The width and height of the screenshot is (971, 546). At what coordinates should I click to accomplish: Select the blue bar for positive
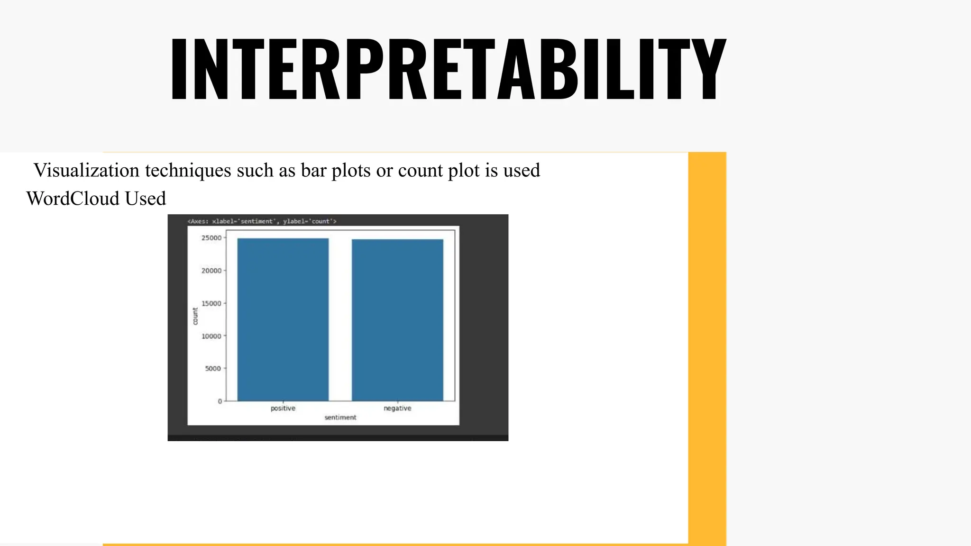tap(283, 320)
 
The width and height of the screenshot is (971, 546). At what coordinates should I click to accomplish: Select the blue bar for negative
tap(397, 320)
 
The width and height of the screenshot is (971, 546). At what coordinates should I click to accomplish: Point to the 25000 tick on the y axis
tap(211, 238)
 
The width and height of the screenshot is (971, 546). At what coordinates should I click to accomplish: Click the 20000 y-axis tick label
tap(211, 271)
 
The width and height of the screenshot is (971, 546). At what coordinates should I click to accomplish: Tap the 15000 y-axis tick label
tap(211, 303)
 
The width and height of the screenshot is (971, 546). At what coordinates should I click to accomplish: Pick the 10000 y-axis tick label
tap(211, 336)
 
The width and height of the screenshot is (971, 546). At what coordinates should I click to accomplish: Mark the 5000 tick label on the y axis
tap(213, 368)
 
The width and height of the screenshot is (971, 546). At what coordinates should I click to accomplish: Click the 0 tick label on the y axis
tap(220, 401)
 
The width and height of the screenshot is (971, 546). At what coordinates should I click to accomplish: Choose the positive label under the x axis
tap(283, 408)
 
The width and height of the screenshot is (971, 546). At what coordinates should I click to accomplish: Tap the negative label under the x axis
tap(397, 408)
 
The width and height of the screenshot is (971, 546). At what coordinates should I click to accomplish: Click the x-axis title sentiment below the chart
tap(340, 418)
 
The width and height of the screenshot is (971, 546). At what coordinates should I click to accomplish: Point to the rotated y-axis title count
tap(195, 316)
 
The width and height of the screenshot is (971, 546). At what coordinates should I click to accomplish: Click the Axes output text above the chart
tap(262, 221)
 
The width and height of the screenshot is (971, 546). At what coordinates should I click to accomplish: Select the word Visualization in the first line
tap(87, 170)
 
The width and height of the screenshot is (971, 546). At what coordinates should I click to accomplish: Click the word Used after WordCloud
tap(146, 199)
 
